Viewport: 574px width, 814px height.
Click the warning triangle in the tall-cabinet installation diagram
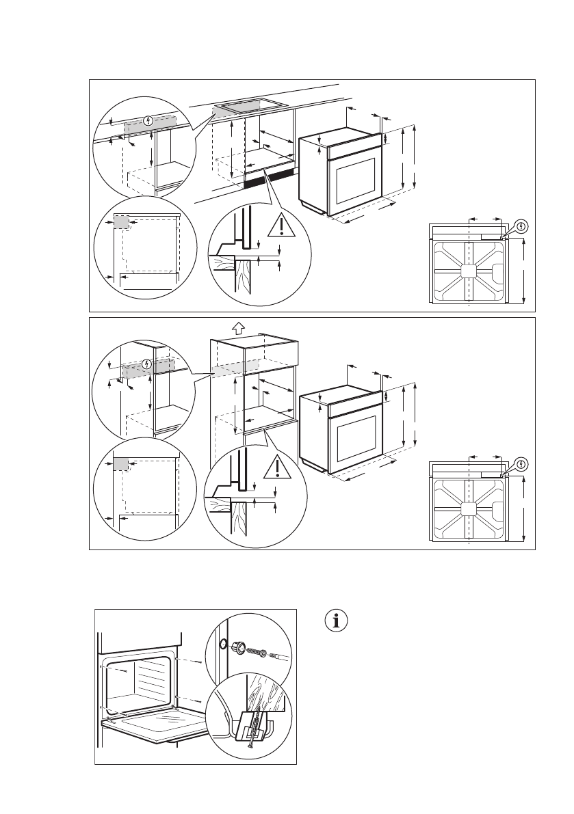277,465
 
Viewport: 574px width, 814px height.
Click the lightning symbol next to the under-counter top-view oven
522,226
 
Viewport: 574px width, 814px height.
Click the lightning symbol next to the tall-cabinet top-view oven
522,463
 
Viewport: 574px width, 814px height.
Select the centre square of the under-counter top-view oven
468,271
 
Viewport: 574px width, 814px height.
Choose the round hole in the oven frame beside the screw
222,644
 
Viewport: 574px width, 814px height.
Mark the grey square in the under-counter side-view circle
121,222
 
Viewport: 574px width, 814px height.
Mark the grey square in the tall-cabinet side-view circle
121,464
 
